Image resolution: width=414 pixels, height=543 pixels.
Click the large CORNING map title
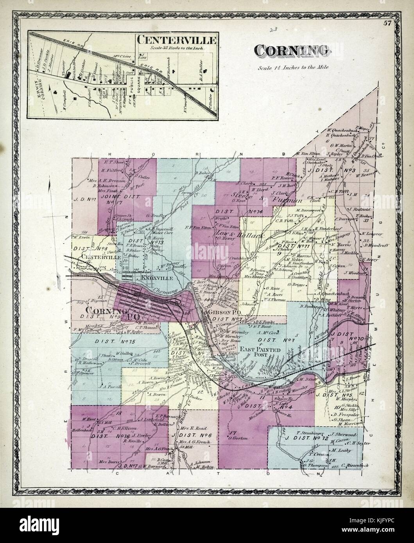coord(292,50)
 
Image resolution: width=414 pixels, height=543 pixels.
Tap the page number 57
coord(387,23)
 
